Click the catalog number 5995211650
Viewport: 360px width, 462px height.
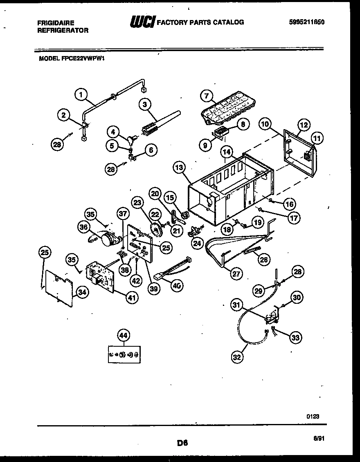[x=307, y=22]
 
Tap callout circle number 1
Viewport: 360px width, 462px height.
[x=81, y=95]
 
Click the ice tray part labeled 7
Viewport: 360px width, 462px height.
[x=227, y=109]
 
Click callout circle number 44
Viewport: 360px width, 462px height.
[x=123, y=336]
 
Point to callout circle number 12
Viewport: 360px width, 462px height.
[x=304, y=125]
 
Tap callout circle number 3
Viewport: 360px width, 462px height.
[x=145, y=105]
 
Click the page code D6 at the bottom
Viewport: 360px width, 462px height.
[x=182, y=442]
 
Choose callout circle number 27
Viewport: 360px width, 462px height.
[x=236, y=274]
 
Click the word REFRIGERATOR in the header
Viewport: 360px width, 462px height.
[x=63, y=30]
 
